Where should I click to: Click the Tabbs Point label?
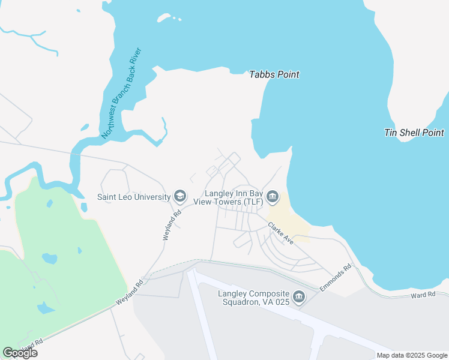click(274, 75)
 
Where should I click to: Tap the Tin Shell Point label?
click(414, 133)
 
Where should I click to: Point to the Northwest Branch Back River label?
click(121, 93)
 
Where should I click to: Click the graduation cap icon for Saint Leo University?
click(179, 196)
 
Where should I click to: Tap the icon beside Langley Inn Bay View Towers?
click(273, 196)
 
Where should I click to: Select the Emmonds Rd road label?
click(334, 279)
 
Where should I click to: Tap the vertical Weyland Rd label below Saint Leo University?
click(170, 225)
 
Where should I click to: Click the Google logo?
click(20, 353)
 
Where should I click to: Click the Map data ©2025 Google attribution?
click(412, 355)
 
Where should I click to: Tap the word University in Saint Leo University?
click(152, 196)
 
